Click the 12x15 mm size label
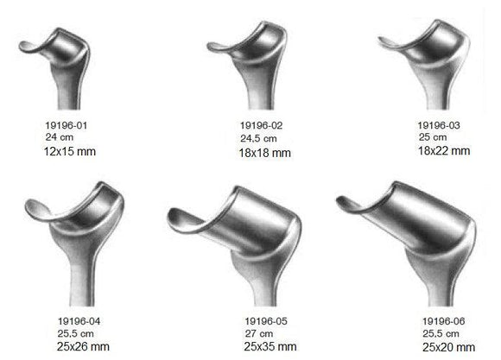pos(72,151)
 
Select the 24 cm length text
pos(57,136)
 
